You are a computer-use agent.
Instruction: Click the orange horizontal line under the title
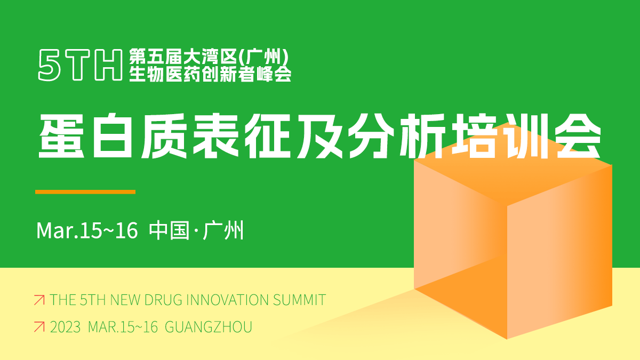click(x=85, y=191)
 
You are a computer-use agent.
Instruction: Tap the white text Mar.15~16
click(x=87, y=231)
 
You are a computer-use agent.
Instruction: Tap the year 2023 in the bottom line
click(x=65, y=327)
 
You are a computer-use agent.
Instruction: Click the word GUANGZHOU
click(x=208, y=327)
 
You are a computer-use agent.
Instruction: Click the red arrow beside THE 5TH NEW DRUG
click(x=39, y=300)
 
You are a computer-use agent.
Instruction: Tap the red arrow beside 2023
click(x=39, y=327)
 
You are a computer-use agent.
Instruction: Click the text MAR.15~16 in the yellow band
click(x=123, y=327)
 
